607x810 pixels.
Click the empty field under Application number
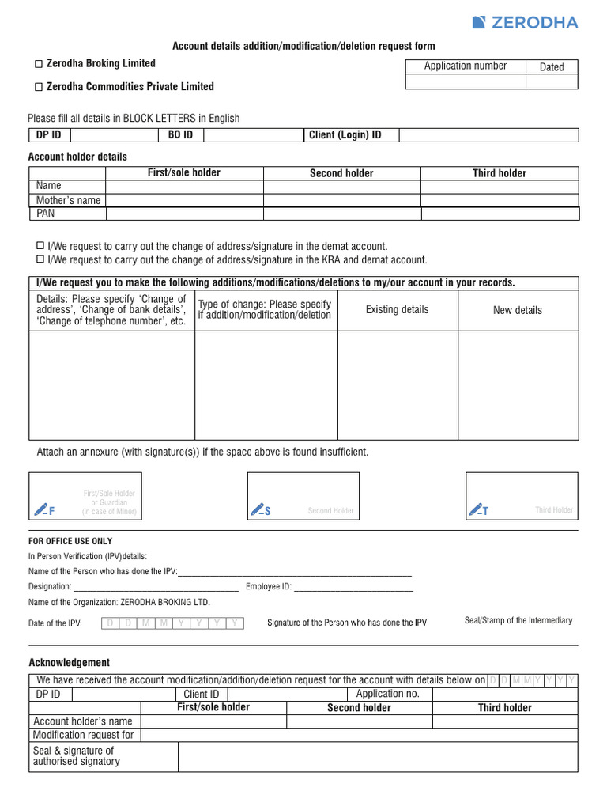tap(465, 81)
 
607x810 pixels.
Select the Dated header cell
tap(552, 67)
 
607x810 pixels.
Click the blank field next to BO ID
tap(254, 135)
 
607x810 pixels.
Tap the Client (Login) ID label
tap(345, 135)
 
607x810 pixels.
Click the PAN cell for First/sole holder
tap(184, 214)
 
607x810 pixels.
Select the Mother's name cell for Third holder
tap(500, 200)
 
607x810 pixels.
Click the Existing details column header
tap(397, 310)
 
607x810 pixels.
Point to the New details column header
tap(518, 311)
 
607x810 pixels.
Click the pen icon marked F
tap(44, 509)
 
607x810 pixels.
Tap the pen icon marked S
tap(261, 509)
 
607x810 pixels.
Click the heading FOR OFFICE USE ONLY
tap(70, 542)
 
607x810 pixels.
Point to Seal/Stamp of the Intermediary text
tap(518, 621)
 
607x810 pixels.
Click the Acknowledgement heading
tap(70, 663)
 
